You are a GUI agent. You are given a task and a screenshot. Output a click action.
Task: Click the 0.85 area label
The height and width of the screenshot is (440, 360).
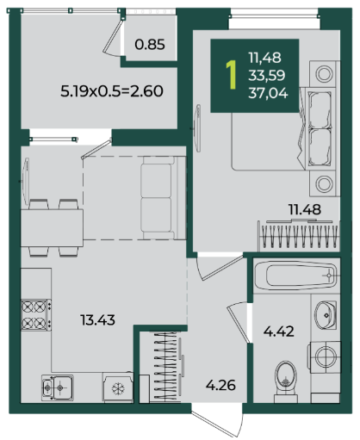coord(150,45)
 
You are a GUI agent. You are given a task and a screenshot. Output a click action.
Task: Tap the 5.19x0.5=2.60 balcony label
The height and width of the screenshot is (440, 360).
coord(112,91)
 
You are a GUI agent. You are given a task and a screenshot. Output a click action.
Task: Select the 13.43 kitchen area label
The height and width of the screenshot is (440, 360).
coord(97,319)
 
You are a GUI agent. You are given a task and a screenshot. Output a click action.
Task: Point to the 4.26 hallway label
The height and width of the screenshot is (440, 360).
coord(220,385)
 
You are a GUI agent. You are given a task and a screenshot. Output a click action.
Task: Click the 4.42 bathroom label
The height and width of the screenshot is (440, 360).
coord(279,332)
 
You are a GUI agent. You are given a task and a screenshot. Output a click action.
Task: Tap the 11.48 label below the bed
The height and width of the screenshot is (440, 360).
coord(305,209)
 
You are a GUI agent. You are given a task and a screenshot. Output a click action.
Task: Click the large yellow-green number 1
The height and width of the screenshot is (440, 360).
coord(231,74)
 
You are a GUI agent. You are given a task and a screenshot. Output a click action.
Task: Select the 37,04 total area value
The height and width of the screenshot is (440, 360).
coord(268,93)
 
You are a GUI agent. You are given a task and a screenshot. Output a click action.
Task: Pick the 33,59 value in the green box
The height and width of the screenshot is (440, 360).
coord(267,75)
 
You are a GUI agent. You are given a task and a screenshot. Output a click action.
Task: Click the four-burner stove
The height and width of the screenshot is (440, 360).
coord(36,315)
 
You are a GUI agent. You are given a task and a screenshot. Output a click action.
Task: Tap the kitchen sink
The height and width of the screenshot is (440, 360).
coord(58,387)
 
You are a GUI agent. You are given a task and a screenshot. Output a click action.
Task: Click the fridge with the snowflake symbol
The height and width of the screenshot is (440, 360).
coord(118,387)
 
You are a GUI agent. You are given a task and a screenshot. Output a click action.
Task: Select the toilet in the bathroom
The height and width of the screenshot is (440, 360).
coord(285,382)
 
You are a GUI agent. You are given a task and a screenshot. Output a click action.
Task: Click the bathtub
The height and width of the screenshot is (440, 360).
coord(295,276)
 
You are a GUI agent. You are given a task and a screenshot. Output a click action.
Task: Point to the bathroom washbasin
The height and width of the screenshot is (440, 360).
coord(326,315)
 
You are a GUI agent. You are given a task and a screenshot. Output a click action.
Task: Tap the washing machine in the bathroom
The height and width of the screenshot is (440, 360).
coord(325,356)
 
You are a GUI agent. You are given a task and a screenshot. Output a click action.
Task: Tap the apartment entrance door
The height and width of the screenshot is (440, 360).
coord(217,421)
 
